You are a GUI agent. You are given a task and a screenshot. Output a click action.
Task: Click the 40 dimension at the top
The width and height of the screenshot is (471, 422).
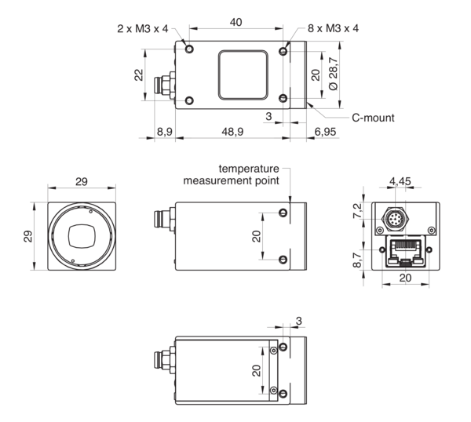pos(236,23)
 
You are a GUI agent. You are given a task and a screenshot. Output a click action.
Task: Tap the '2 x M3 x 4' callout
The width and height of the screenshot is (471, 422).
pos(140,29)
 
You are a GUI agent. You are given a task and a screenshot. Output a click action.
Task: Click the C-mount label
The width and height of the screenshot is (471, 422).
pos(372,118)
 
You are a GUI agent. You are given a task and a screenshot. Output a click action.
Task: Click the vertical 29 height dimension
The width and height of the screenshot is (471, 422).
pos(27,236)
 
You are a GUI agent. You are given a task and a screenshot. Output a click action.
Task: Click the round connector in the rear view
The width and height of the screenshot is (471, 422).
pos(396,216)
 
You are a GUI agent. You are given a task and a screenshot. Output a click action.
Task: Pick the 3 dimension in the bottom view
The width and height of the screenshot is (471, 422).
pos(299,319)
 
